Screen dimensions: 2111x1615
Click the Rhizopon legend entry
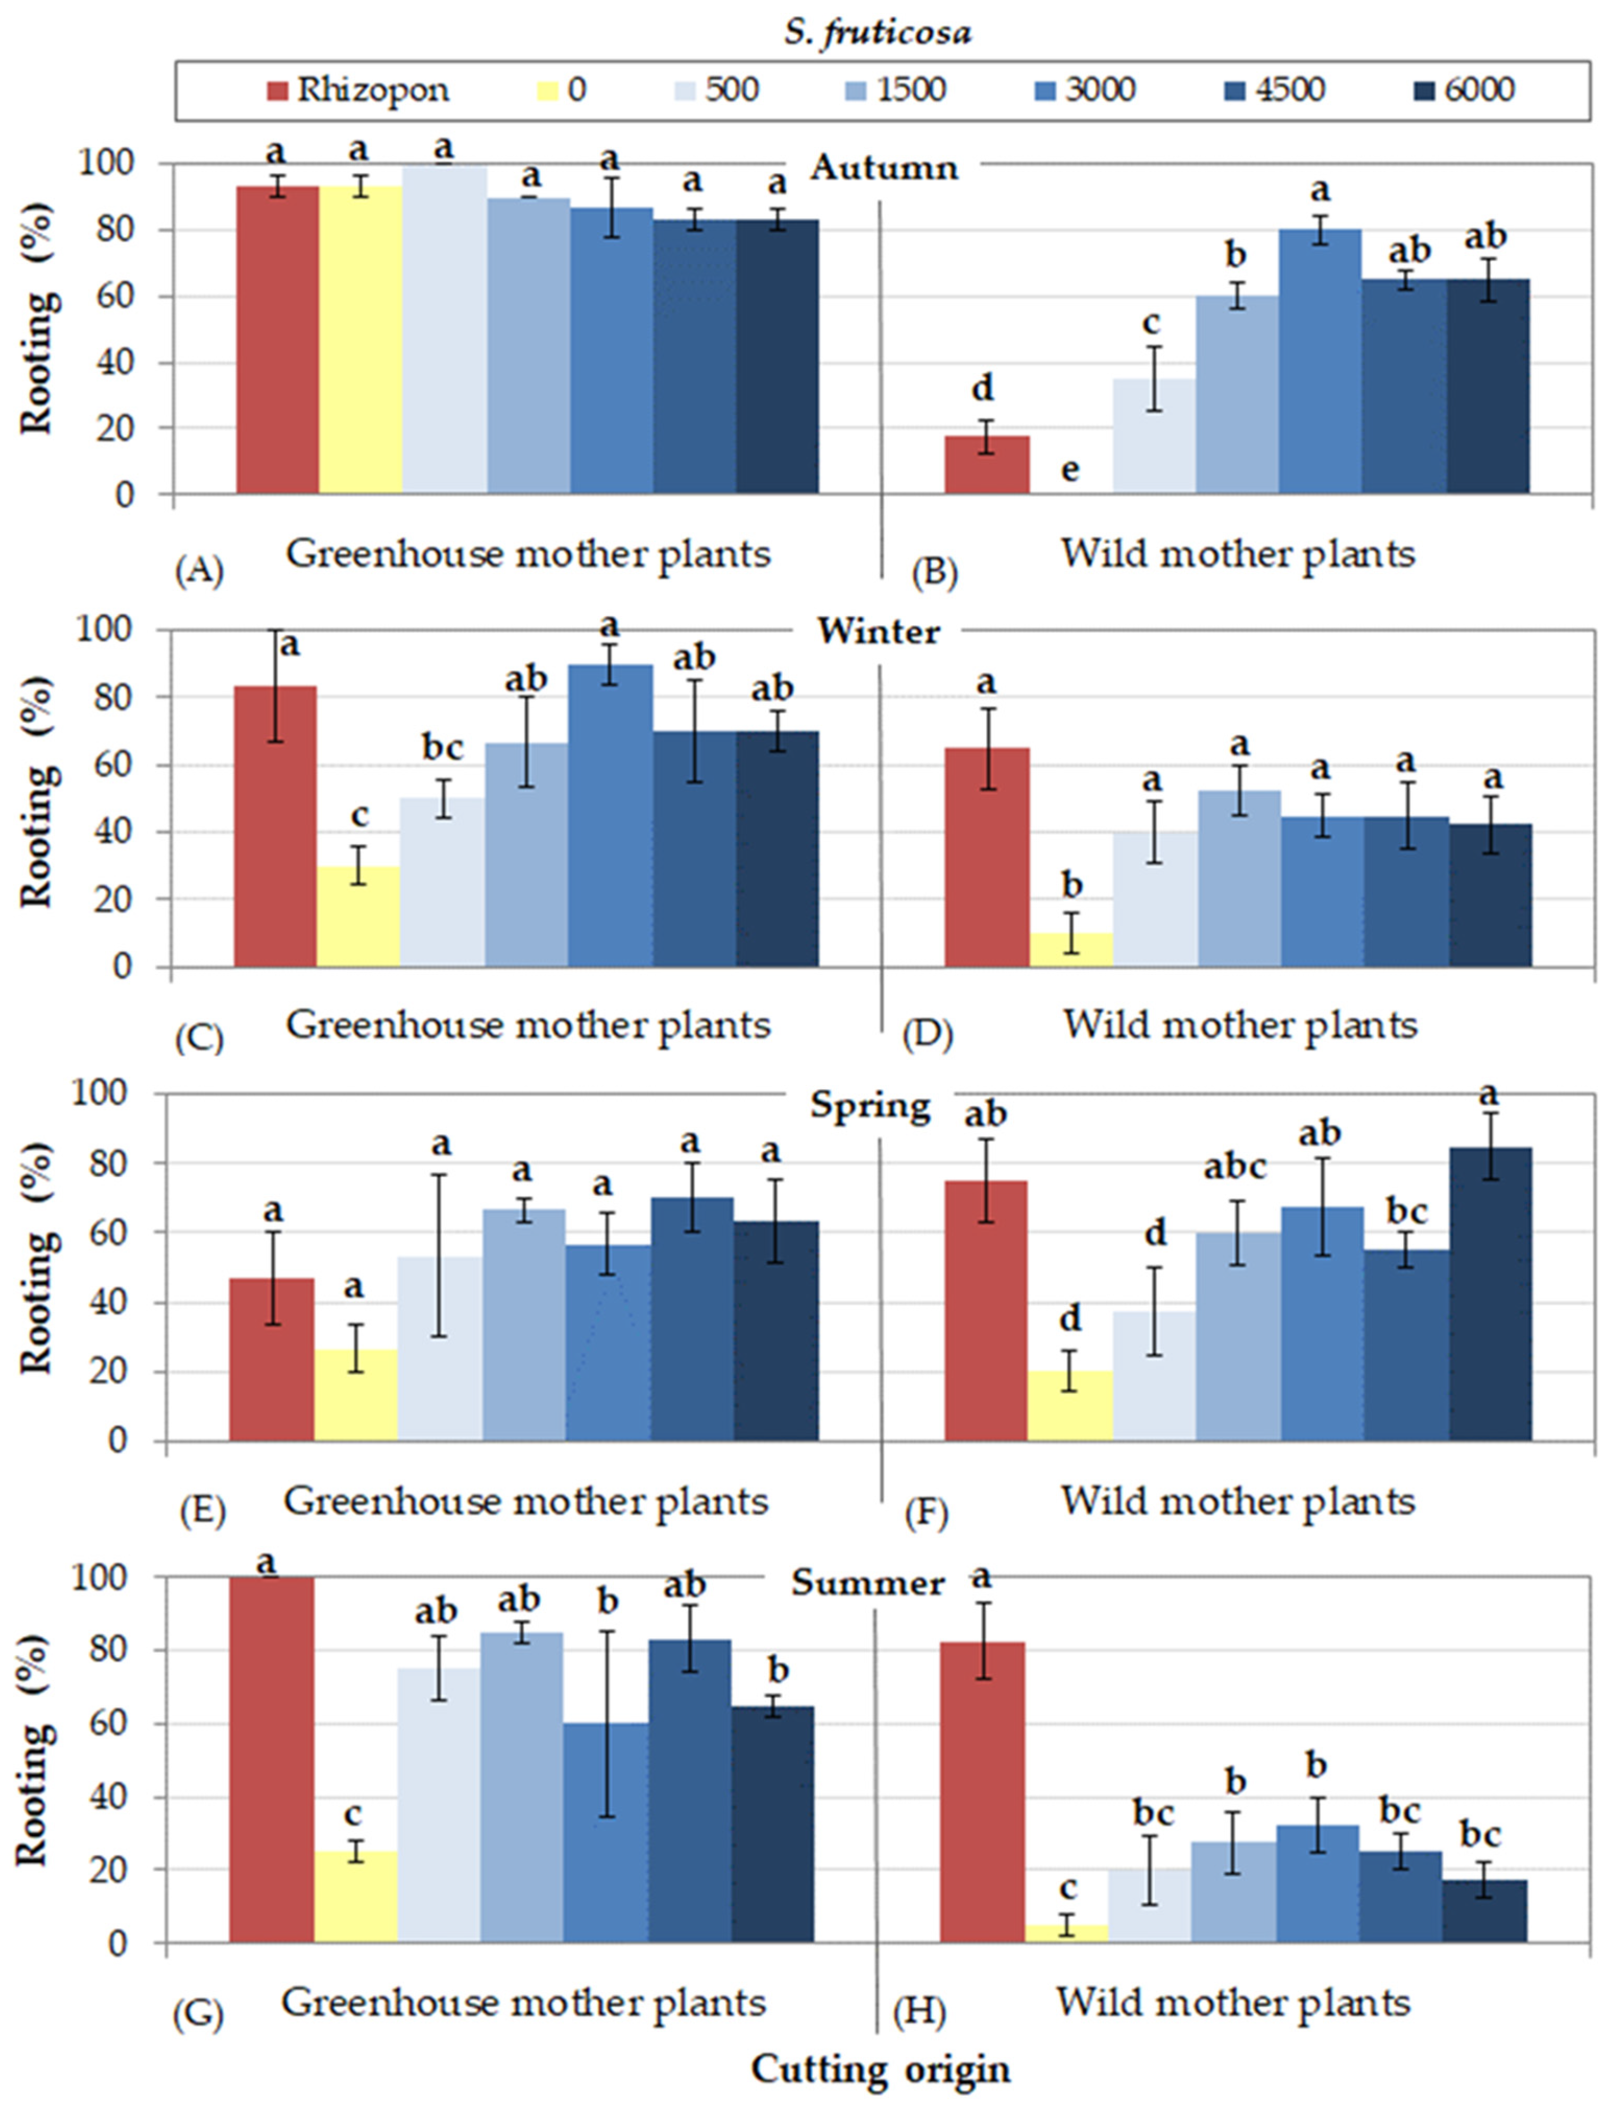(x=357, y=90)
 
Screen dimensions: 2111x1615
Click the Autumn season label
(x=883, y=168)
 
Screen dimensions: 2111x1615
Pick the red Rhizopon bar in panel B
(x=987, y=465)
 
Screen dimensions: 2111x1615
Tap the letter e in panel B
(x=1070, y=470)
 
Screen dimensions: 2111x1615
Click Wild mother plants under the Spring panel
(x=1238, y=1501)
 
